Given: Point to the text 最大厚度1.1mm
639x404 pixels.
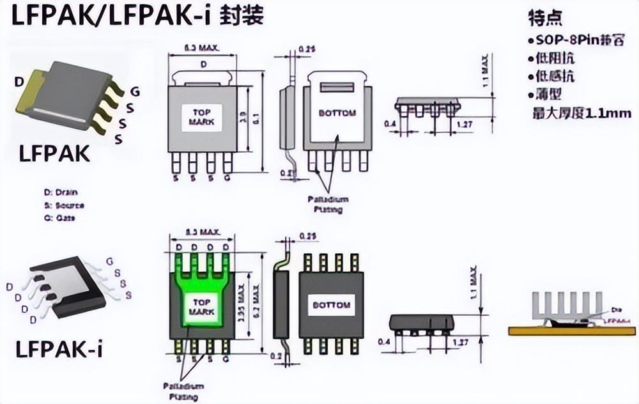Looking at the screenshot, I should pyautogui.click(x=582, y=113).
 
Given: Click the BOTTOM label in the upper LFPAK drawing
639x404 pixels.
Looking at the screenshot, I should pyautogui.click(x=337, y=113).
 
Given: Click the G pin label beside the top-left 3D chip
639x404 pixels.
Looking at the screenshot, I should pyautogui.click(x=134, y=91).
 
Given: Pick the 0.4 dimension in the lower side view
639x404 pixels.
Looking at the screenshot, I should pyautogui.click(x=383, y=342).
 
